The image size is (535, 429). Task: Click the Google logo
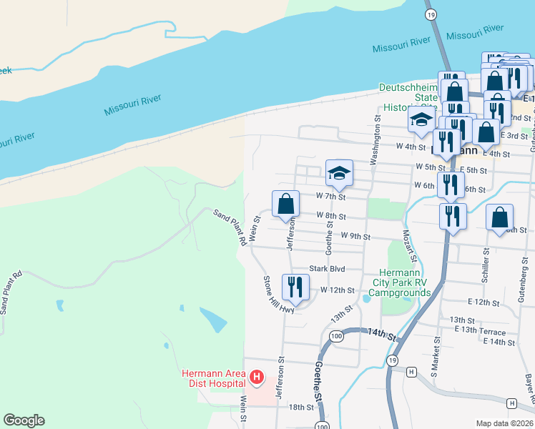click(24, 420)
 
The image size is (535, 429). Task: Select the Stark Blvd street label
click(327, 270)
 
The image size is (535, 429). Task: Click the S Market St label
click(433, 364)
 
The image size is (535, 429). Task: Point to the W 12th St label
click(338, 290)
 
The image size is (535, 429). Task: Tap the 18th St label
click(301, 407)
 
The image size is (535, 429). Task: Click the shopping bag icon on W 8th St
click(285, 204)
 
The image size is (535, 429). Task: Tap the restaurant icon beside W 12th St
click(295, 287)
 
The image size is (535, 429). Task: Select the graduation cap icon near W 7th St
click(339, 172)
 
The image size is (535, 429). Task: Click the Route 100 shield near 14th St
click(335, 335)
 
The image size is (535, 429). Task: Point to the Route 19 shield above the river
click(431, 14)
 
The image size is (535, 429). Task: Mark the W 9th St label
click(355, 235)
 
